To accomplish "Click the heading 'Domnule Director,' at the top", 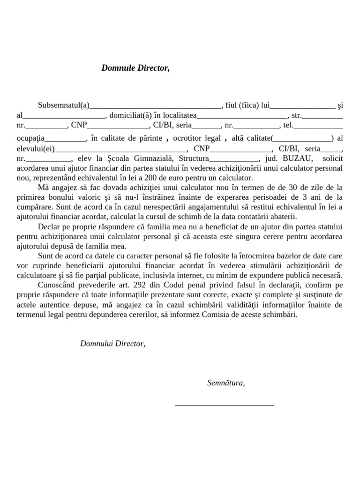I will [x=135, y=68].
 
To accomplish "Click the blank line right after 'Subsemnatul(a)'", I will [x=155, y=106].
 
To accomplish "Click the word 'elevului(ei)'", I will [x=36, y=149].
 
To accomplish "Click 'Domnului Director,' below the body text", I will [x=112, y=344].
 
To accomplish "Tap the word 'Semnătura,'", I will [x=226, y=383].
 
